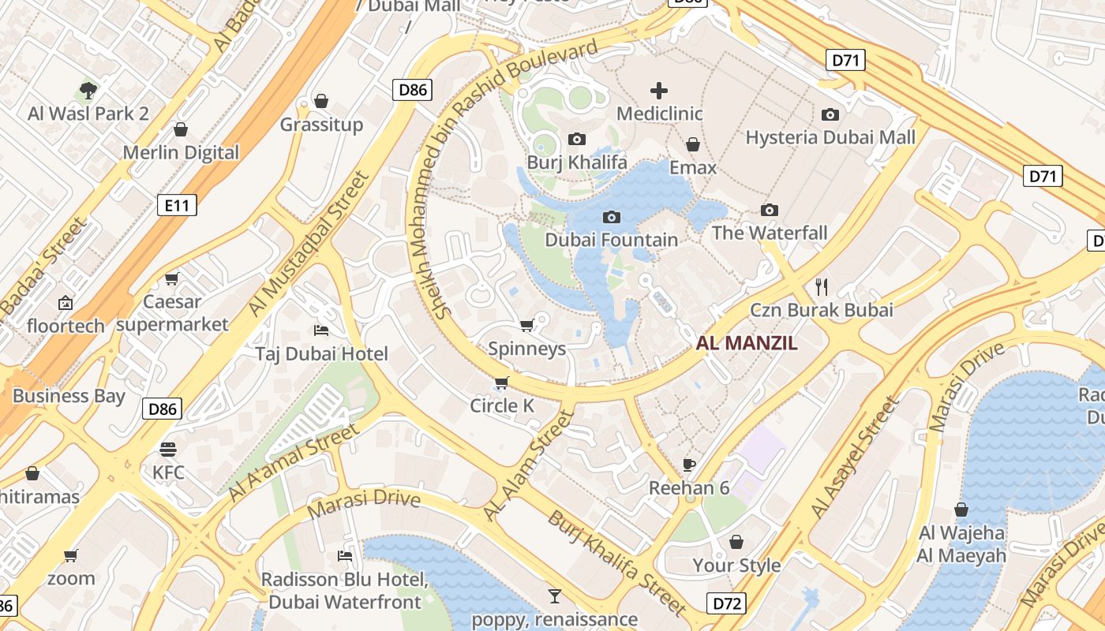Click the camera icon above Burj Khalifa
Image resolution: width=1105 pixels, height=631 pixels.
pos(577,140)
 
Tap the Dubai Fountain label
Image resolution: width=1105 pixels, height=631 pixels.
pos(611,240)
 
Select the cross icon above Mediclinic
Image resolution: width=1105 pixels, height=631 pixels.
pos(658,91)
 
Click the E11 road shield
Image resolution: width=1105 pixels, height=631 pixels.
pos(177,206)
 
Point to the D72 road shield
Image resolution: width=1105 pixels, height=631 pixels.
pos(727,604)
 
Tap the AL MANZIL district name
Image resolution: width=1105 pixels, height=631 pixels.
pos(747,343)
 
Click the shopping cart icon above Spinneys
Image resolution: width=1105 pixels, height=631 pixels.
pos(527,325)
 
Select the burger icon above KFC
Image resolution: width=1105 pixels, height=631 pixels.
pos(167,450)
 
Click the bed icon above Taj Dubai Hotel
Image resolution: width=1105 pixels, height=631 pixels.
pos(321,330)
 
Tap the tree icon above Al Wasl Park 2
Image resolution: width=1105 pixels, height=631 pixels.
pos(88,90)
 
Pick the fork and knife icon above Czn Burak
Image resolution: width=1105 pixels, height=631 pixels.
pos(822,286)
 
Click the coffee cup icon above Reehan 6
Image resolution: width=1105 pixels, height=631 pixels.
pos(689,465)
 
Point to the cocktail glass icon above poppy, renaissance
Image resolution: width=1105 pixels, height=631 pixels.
pos(554,596)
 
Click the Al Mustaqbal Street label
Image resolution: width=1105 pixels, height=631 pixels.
pos(309,245)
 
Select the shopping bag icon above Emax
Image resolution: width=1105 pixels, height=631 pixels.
pos(693,144)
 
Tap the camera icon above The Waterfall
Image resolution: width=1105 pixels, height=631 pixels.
pos(770,210)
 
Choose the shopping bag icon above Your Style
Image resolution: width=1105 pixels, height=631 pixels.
pos(736,542)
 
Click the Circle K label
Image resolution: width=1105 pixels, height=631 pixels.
pos(502,406)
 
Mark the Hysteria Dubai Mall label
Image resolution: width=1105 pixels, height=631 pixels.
pos(830,137)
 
